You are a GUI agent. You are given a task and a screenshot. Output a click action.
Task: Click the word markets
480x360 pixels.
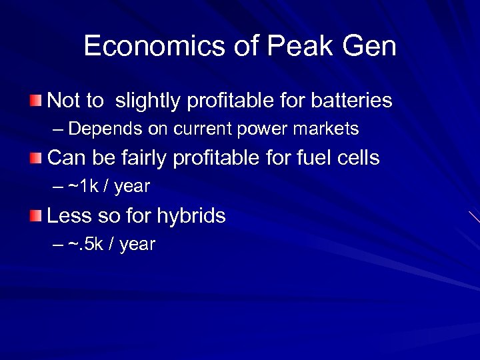tap(326, 129)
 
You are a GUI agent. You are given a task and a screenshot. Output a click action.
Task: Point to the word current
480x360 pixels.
tap(199, 129)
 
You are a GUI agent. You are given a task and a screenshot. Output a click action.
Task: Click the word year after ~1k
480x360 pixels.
tap(132, 187)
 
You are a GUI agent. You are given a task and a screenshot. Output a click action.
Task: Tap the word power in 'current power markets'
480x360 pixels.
tap(257, 129)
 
